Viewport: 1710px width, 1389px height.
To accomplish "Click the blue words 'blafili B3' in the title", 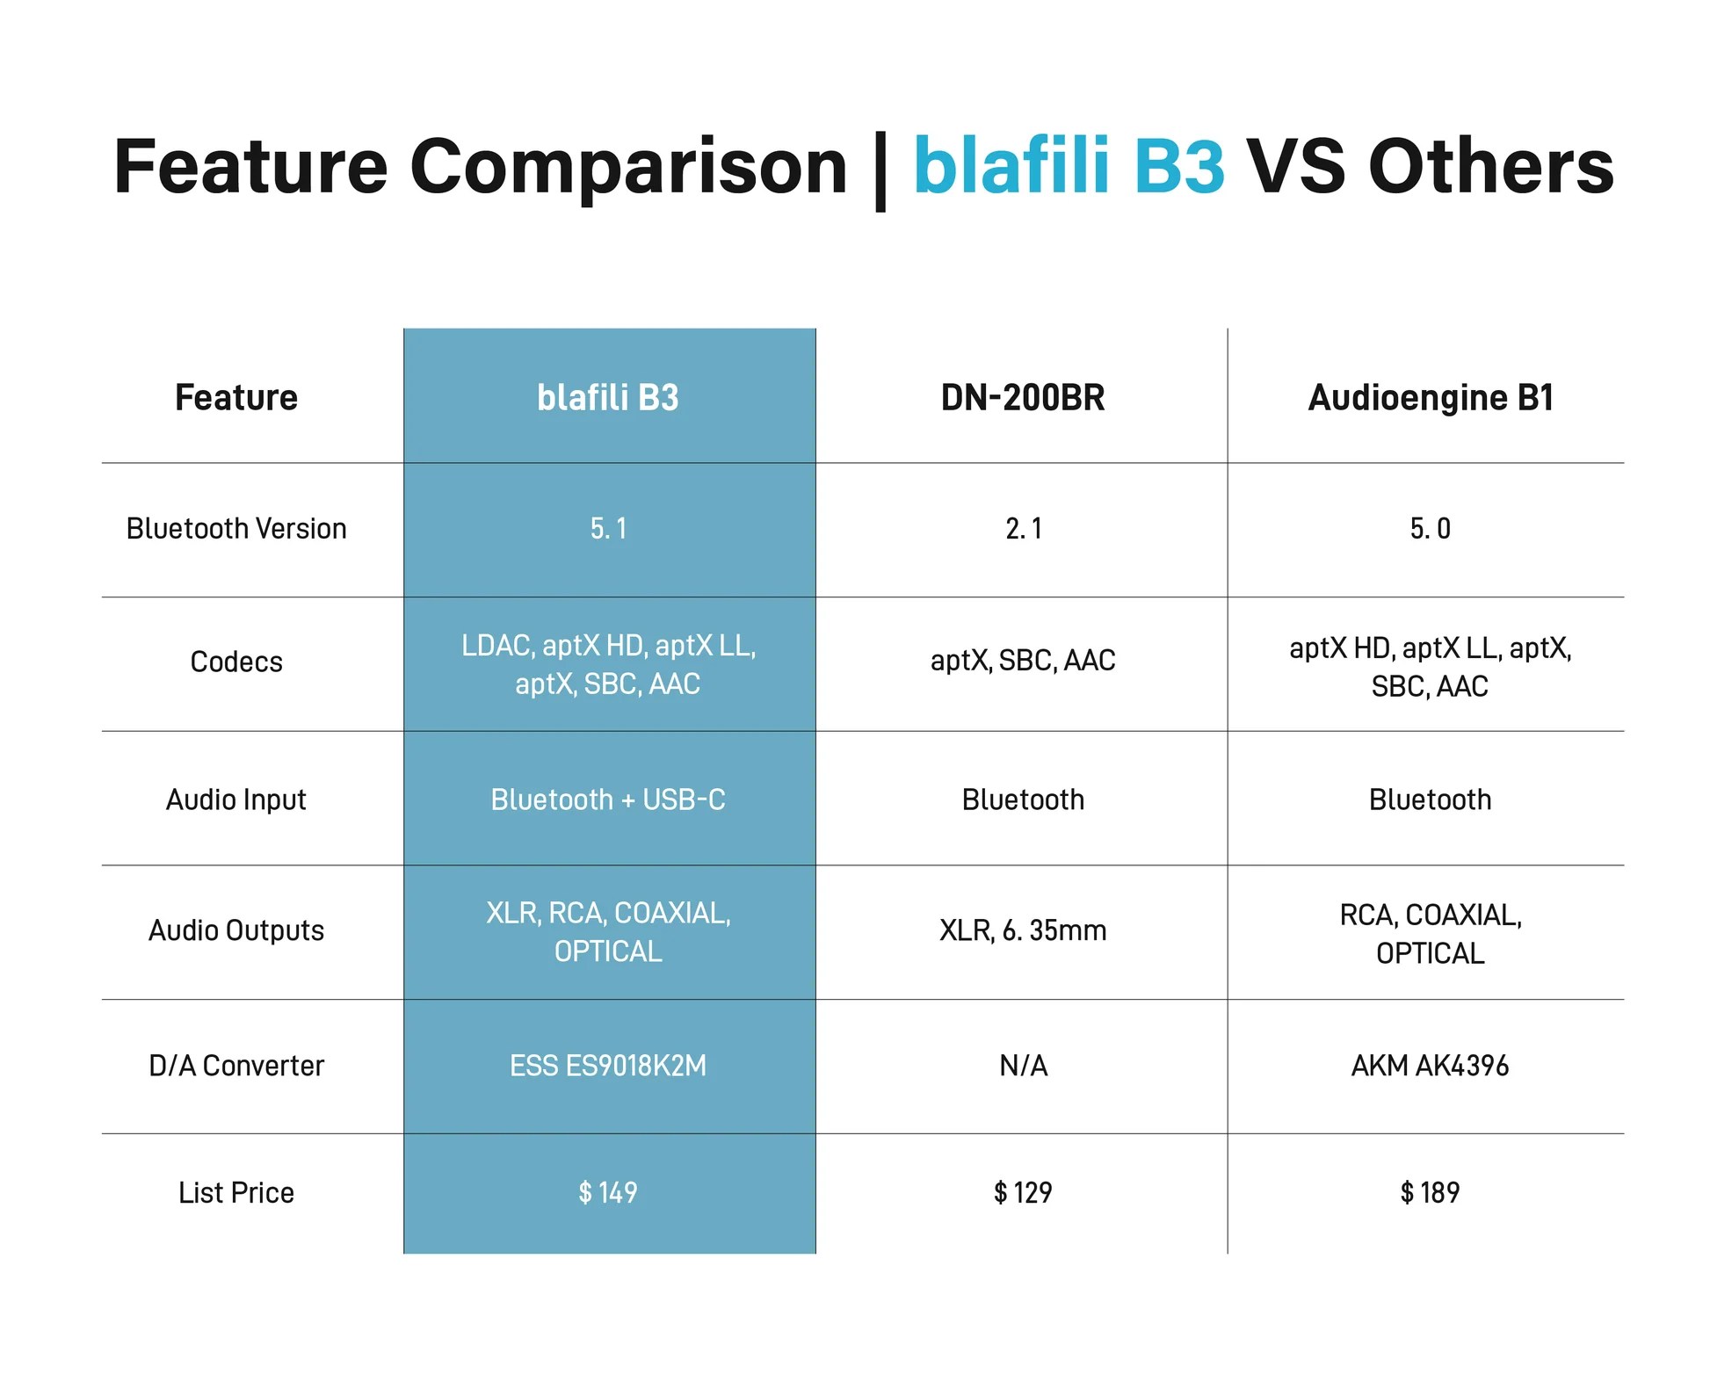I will [1069, 166].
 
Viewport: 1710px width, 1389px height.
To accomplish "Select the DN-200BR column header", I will [1022, 398].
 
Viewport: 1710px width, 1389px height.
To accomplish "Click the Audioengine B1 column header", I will [1430, 398].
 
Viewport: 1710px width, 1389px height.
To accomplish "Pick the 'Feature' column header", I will [235, 398].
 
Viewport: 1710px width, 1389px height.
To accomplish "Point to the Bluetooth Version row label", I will [235, 529].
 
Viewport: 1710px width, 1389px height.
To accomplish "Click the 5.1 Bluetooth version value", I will [608, 529].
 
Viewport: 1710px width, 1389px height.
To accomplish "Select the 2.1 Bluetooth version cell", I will [1023, 529].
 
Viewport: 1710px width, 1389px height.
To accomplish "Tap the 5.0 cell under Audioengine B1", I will [1430, 529].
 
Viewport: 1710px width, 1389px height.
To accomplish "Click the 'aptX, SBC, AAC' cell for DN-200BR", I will [1022, 661].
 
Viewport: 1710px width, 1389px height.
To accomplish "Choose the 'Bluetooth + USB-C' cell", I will [608, 799].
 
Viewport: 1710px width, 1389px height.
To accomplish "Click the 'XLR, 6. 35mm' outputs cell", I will [1022, 930].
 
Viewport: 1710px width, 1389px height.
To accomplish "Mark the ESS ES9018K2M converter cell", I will [608, 1066].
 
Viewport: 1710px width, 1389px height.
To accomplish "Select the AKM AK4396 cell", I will [1430, 1066].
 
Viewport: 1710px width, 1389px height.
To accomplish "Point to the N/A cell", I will [1023, 1066].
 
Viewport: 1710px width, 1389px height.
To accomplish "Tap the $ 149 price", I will [608, 1192].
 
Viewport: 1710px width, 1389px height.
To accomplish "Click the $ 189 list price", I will [1430, 1192].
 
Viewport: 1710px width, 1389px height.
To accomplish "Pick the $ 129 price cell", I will [1023, 1192].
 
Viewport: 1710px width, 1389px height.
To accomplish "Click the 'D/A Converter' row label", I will [235, 1066].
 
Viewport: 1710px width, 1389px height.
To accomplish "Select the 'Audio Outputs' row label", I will [235, 930].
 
